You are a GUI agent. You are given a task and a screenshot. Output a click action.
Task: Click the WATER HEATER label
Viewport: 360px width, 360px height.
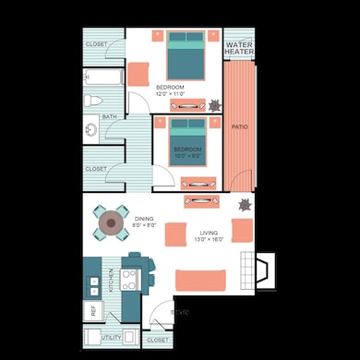239,47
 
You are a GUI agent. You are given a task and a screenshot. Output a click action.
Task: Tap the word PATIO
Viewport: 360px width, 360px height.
239,126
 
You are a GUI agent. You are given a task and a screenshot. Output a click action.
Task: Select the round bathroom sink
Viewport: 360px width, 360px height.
90,129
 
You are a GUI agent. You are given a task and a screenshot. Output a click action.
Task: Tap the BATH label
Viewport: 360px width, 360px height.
109,117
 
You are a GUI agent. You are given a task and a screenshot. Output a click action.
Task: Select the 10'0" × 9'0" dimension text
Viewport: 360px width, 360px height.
187,156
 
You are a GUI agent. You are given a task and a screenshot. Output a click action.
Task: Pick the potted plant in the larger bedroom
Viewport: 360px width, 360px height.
214,104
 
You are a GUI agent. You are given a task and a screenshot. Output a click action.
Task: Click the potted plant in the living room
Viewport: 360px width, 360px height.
246,204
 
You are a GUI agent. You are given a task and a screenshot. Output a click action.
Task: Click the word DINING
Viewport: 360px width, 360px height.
144,219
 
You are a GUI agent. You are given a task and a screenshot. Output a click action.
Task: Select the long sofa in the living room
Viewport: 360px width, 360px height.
200,279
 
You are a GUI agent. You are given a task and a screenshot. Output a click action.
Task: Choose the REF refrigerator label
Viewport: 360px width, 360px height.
92,311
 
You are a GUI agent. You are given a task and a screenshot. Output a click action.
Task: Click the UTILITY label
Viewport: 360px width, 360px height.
112,339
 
